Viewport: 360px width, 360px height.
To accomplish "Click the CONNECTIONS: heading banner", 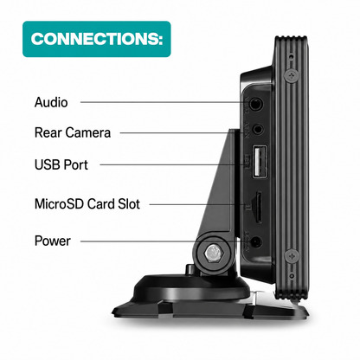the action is [x=97, y=39].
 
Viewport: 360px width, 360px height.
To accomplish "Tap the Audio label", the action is [x=51, y=102].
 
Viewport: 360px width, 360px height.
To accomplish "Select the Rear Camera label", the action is [x=73, y=132].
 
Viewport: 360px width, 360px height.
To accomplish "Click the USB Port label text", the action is [x=61, y=164].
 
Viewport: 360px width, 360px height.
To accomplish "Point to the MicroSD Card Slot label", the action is [x=87, y=204].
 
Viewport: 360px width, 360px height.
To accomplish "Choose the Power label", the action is [x=52, y=241].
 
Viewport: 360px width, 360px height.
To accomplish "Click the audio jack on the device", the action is [x=255, y=104].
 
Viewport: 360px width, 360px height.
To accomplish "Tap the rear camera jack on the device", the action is [x=258, y=129].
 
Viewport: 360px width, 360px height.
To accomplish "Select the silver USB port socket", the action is [x=260, y=162].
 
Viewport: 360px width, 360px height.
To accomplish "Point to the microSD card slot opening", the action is [x=258, y=207].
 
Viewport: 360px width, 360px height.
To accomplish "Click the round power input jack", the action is [x=256, y=242].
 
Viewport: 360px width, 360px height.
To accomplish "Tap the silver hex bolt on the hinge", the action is [x=213, y=254].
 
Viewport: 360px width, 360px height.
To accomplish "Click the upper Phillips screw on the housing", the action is [x=292, y=76].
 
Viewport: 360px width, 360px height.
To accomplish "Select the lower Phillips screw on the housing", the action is [x=292, y=256].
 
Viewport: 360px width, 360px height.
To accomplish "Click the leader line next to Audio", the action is [x=165, y=102].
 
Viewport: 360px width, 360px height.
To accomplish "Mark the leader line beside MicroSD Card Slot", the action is [x=197, y=205].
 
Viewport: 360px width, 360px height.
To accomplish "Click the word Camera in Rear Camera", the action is [x=87, y=132].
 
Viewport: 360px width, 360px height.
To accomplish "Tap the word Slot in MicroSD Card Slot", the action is [x=129, y=204].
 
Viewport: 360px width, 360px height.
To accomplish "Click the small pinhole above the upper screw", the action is [x=292, y=56].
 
